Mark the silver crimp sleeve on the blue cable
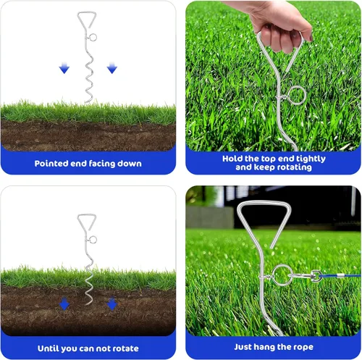340,276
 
